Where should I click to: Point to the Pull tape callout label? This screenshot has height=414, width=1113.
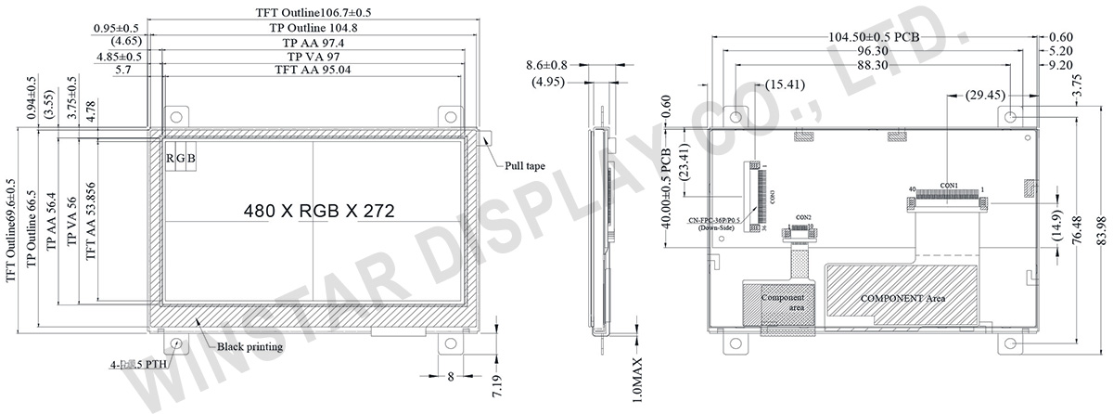[x=524, y=167]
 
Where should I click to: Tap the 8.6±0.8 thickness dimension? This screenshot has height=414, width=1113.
[x=546, y=66]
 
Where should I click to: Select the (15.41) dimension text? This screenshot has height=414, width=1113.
[x=785, y=84]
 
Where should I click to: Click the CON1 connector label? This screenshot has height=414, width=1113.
[x=949, y=185]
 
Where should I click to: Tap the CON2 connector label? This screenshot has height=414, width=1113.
[x=803, y=217]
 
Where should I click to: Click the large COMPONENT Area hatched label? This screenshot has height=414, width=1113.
[x=902, y=299]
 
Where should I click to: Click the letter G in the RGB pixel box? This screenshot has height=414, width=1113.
[x=181, y=159]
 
